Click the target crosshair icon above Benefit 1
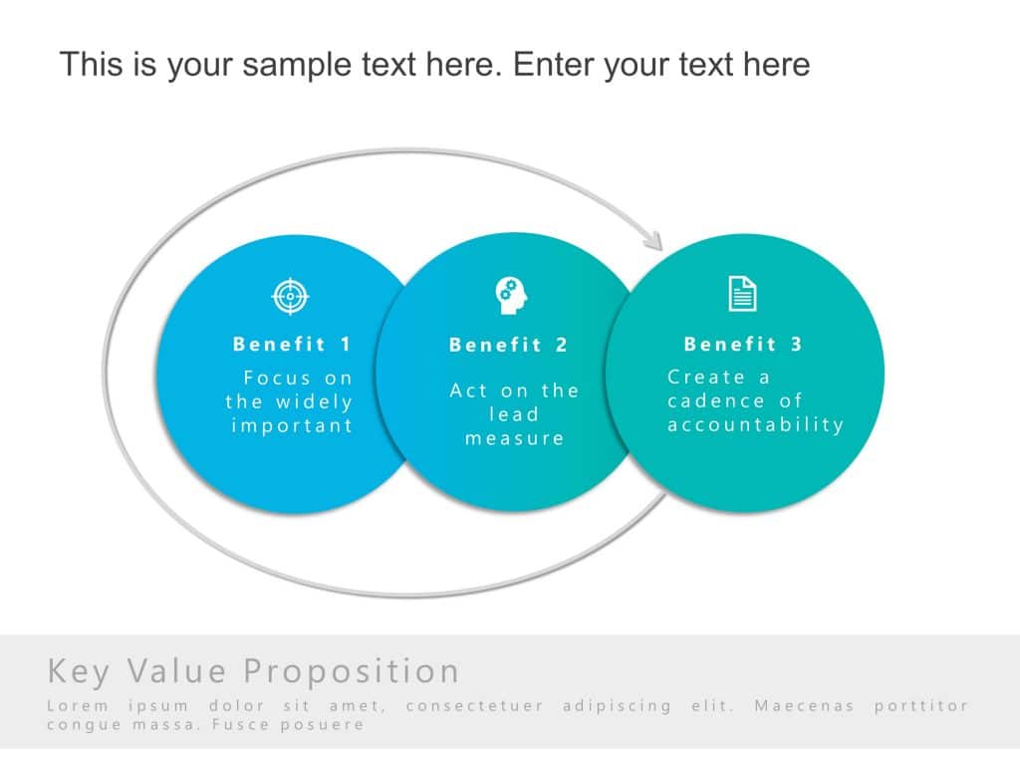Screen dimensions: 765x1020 click(x=291, y=296)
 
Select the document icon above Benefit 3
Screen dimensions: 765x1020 click(x=742, y=294)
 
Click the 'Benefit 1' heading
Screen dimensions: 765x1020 click(x=292, y=345)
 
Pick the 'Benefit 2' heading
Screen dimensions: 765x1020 click(x=508, y=346)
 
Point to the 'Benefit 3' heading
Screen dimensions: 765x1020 click(x=743, y=345)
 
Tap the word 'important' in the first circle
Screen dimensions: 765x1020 click(x=292, y=426)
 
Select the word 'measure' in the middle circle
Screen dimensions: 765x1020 click(x=514, y=438)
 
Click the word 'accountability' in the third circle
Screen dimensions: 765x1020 click(x=755, y=425)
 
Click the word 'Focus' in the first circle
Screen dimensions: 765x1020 click(x=277, y=379)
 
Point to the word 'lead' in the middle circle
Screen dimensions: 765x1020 click(x=513, y=414)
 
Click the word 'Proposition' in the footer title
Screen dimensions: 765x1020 click(x=352, y=671)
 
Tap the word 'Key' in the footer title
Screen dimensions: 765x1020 click(x=78, y=671)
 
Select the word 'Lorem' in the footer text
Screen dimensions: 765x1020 click(x=76, y=706)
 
